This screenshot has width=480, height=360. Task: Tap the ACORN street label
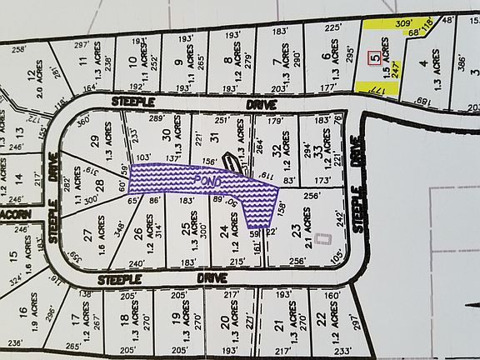14,214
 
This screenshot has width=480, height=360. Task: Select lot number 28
97,193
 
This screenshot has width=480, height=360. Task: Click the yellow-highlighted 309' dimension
404,24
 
